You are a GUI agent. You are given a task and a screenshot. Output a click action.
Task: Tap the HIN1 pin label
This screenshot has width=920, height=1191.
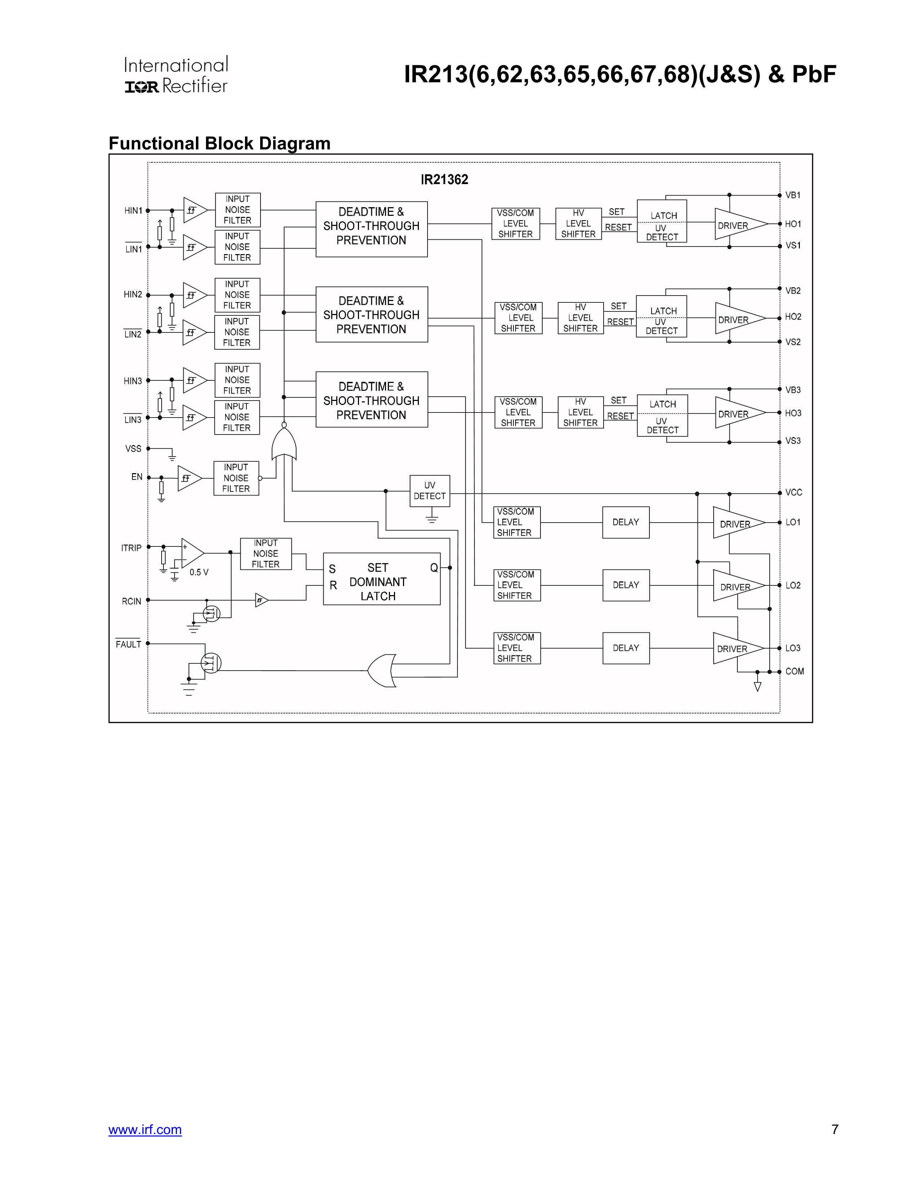(133, 210)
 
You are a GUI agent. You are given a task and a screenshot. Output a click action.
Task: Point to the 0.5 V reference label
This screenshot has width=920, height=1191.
(199, 572)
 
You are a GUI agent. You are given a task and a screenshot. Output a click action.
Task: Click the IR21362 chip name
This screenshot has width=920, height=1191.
(444, 179)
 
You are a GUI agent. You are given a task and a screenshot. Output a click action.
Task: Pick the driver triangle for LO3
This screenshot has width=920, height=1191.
(736, 649)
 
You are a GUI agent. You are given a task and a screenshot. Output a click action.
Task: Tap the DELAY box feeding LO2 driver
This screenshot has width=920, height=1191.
(626, 585)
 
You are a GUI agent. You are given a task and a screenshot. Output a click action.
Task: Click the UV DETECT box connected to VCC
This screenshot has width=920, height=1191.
(429, 491)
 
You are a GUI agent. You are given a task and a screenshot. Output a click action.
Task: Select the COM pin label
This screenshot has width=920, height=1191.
(794, 671)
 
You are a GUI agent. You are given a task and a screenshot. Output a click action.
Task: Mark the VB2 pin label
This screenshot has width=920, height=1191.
(793, 291)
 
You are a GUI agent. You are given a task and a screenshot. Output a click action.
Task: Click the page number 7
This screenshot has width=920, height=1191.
(834, 1129)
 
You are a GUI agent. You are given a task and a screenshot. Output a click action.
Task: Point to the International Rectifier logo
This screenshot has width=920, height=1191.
(176, 75)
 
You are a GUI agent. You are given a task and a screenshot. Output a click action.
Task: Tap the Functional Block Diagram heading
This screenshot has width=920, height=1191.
(220, 143)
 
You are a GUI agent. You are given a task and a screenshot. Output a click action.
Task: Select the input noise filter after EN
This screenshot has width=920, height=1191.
(236, 478)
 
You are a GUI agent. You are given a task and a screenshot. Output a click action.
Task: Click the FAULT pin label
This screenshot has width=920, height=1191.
(129, 644)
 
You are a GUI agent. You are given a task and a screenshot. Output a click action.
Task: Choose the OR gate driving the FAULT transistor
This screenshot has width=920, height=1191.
(381, 670)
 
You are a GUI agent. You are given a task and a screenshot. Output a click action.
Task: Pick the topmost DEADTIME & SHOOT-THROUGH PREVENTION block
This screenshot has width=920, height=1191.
(371, 229)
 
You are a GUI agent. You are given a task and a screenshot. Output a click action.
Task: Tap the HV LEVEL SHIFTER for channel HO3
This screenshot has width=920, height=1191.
(581, 412)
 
